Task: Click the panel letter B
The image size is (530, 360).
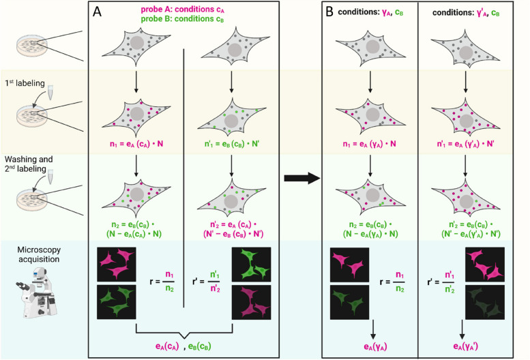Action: [330, 12]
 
